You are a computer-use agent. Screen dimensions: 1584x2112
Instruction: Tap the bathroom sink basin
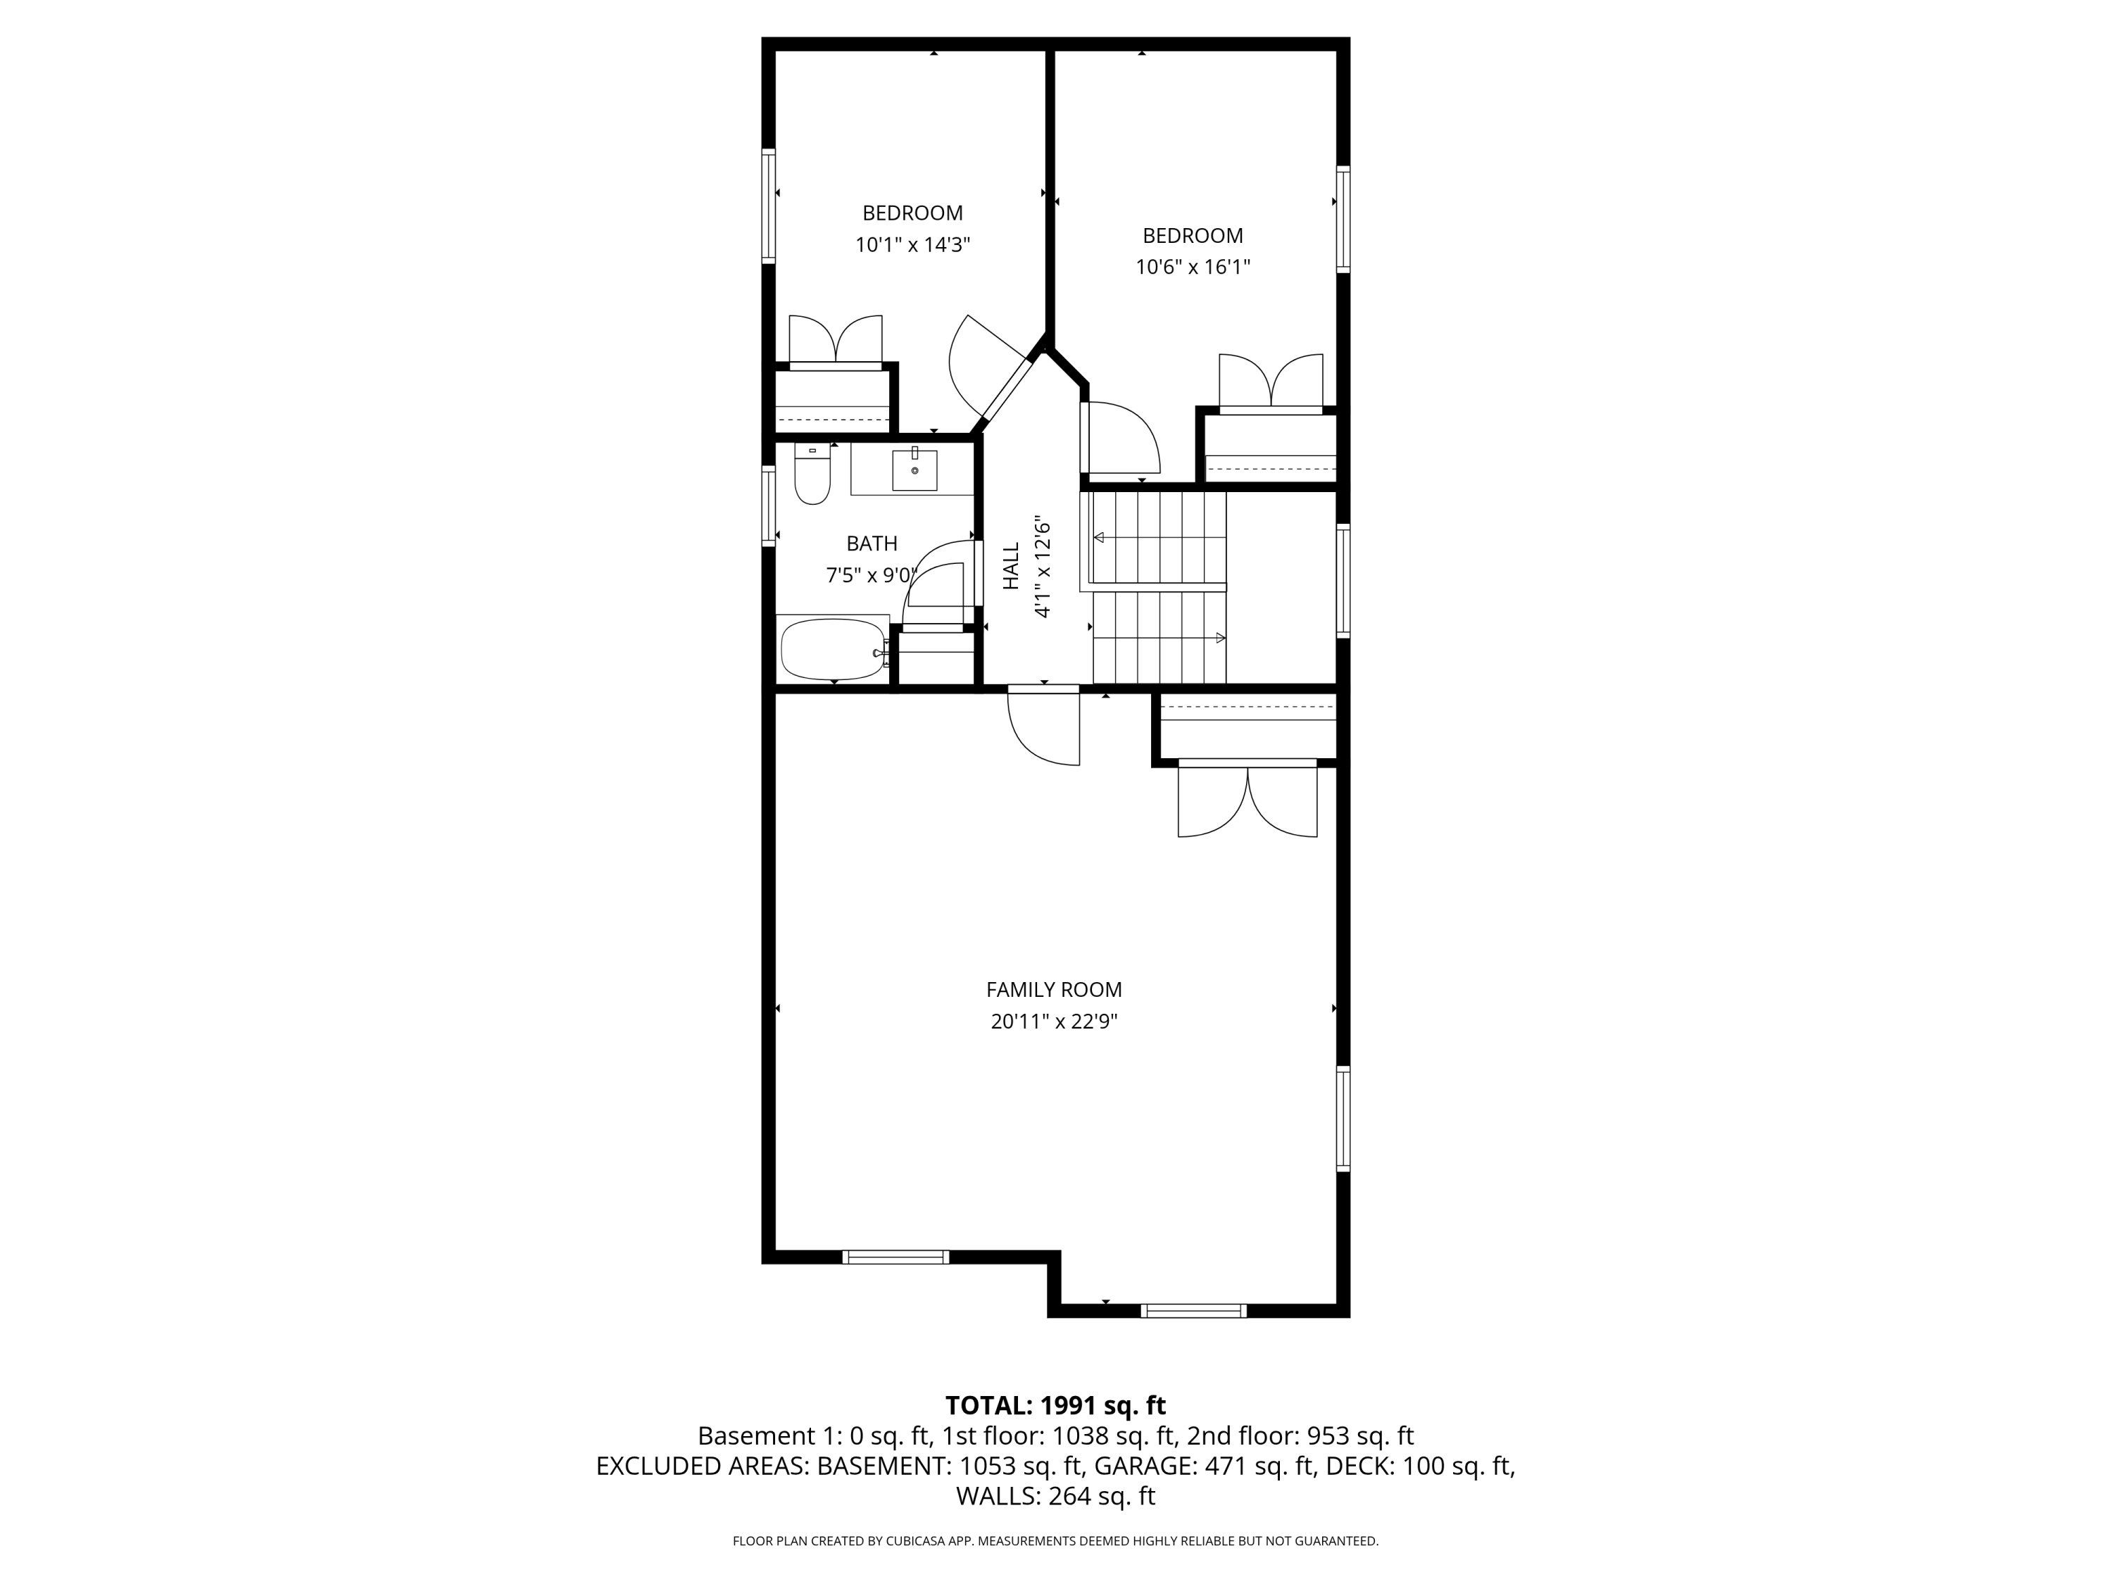point(914,470)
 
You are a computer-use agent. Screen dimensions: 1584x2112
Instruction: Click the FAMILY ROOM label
point(1053,990)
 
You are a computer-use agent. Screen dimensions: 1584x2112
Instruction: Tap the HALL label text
point(1011,565)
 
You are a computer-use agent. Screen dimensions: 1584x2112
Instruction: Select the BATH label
point(872,543)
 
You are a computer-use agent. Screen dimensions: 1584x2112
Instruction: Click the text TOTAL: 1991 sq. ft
point(1055,1405)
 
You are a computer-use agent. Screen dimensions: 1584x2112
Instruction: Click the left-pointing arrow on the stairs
point(1099,538)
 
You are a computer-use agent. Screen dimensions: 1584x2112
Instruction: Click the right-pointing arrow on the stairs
point(1220,638)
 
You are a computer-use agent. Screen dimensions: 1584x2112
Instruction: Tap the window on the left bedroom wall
point(767,206)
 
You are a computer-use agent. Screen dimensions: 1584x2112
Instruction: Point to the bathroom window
point(767,506)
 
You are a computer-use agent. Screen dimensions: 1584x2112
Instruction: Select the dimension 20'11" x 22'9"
point(1053,1022)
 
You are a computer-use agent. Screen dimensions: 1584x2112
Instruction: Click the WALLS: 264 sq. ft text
point(1055,1496)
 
